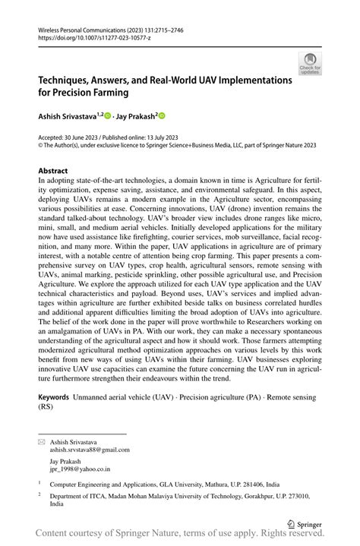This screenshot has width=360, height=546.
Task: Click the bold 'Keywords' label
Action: [54, 397]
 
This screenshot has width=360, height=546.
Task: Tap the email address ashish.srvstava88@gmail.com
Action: [90, 449]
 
